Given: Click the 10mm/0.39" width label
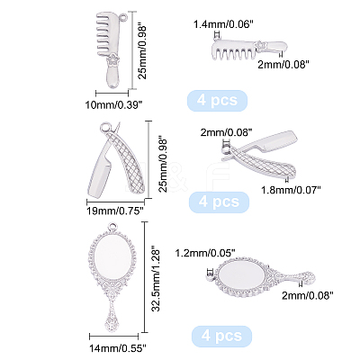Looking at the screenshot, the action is [113, 105].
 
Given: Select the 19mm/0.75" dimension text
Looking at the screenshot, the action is [114, 211].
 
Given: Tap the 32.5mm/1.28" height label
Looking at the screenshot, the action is [157, 278].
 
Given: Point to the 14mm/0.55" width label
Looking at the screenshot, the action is [118, 348].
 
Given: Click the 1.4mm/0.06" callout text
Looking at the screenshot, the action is [221, 24].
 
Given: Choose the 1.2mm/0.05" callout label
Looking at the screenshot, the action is [204, 254].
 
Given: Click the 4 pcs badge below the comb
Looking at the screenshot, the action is [217, 101].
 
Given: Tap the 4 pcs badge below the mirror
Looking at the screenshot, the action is [221, 336].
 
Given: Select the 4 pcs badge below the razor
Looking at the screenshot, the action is [219, 202].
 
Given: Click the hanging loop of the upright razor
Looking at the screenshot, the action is [105, 128].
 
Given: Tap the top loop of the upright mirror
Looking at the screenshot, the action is [114, 227].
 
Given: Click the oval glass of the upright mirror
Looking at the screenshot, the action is [112, 259].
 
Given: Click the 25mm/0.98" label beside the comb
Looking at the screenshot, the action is [142, 52].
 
